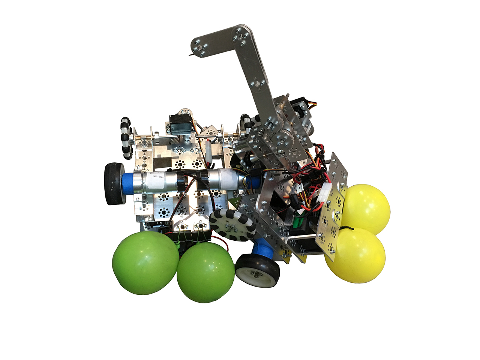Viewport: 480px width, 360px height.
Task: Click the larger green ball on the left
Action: point(145,262)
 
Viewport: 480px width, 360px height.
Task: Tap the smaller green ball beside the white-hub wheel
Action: point(205,272)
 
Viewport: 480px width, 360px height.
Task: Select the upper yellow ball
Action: point(366,208)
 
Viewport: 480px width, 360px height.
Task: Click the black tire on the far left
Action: point(113,184)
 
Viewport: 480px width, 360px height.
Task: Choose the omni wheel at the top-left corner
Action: point(126,137)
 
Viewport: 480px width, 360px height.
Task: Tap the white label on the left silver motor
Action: point(157,181)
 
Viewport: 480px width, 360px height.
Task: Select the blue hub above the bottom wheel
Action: point(264,248)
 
